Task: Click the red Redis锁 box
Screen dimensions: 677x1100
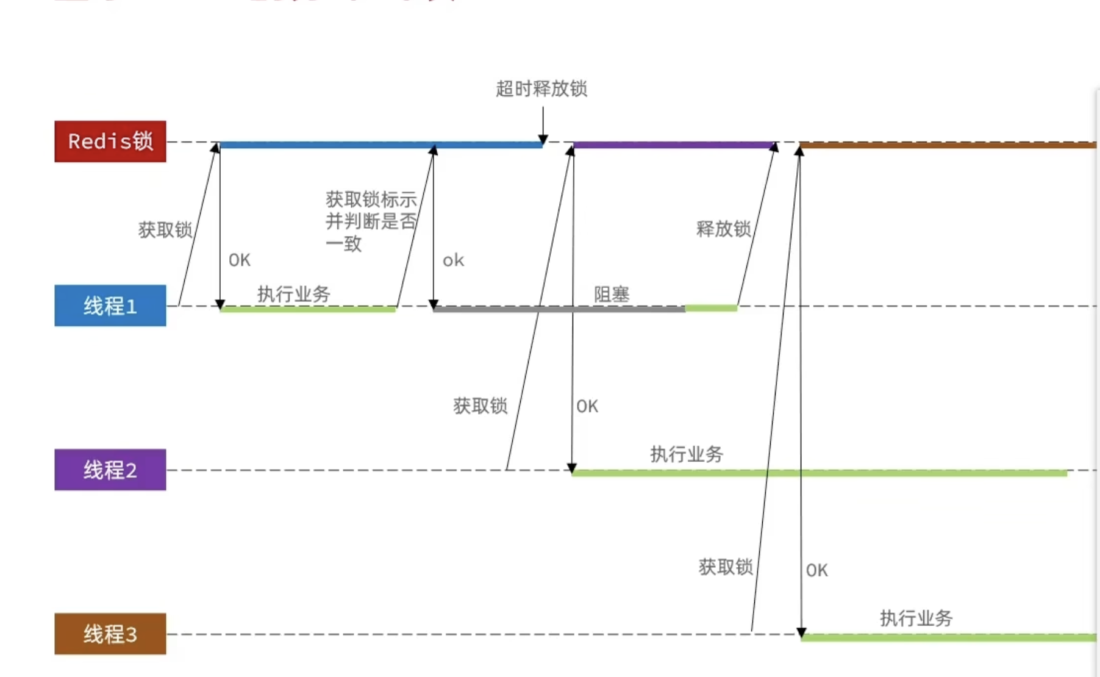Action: tap(110, 141)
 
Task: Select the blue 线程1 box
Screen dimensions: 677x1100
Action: tap(110, 306)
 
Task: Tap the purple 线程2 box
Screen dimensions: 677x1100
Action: tap(110, 470)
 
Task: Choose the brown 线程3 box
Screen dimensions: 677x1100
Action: tap(110, 634)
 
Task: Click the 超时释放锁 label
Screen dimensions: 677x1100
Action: tap(541, 89)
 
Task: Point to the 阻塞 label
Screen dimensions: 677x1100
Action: tap(611, 295)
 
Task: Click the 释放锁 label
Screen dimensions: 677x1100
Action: tap(723, 229)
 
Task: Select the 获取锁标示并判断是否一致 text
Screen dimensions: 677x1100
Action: tap(370, 221)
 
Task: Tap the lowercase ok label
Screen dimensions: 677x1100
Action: tap(453, 260)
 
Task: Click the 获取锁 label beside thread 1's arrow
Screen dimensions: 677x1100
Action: tap(165, 230)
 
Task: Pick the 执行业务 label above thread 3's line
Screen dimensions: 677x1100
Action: tap(916, 618)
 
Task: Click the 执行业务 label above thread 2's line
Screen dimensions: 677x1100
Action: tap(686, 454)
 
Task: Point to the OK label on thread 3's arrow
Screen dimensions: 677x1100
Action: tap(816, 570)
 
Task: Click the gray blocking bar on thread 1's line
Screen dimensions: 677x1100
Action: tap(558, 309)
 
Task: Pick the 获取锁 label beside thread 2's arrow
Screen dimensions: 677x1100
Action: tap(480, 406)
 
